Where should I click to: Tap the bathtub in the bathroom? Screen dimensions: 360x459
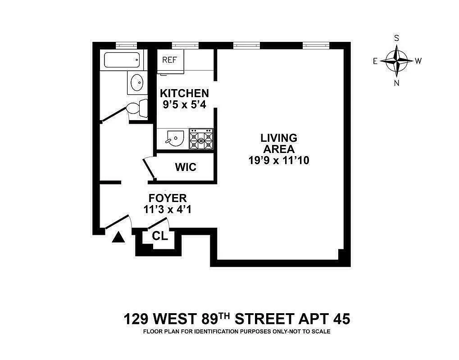[x=122, y=60]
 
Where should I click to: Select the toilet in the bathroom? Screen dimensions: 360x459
[x=137, y=108]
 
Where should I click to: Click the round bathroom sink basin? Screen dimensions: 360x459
[x=136, y=83]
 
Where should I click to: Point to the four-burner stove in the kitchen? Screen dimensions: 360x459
[x=201, y=139]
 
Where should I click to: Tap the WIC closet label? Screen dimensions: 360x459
[x=186, y=167]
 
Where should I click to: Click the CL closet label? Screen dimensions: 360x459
[x=160, y=236]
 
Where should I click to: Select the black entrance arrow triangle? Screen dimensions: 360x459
[x=118, y=238]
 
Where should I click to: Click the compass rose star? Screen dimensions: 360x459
[x=396, y=61]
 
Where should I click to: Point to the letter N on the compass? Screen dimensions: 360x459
[x=396, y=82]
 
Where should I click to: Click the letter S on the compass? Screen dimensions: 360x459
[x=396, y=38]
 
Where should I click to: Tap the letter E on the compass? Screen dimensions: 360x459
[x=375, y=61]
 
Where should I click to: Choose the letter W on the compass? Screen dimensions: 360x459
[x=418, y=61]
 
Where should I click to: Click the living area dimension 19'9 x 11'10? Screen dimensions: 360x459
[x=278, y=160]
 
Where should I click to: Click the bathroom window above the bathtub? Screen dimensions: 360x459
[x=126, y=45]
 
